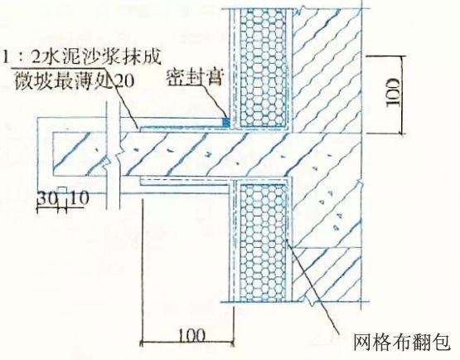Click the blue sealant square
[x=225, y=122]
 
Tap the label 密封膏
[x=195, y=78]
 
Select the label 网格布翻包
[x=402, y=342]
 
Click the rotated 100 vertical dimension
[x=393, y=93]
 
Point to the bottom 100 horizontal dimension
[x=191, y=335]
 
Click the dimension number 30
[x=47, y=198]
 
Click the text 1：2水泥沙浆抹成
[x=82, y=57]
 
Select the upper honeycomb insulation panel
[x=263, y=68]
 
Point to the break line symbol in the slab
[x=114, y=156]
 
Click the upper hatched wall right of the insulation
[x=327, y=71]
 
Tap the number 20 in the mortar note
[x=125, y=80]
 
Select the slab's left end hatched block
[x=79, y=155]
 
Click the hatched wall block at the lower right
[x=327, y=275]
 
